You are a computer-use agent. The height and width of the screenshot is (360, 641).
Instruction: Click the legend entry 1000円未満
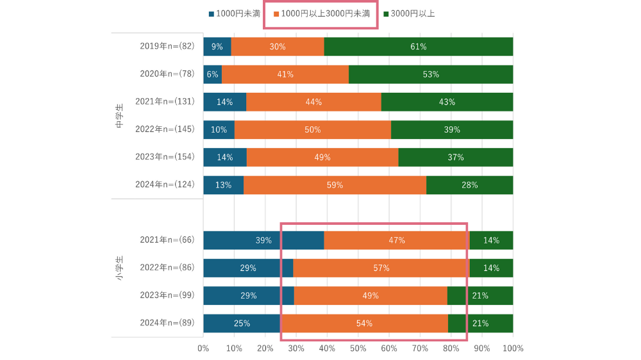click(x=233, y=13)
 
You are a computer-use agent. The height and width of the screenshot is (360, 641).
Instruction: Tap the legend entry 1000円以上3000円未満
click(x=322, y=13)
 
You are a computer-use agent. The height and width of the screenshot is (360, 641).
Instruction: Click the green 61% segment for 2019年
click(x=418, y=47)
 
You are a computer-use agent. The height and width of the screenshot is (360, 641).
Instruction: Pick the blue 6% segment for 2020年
click(x=213, y=74)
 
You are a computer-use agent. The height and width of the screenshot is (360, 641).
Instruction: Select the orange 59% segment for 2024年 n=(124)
click(x=335, y=185)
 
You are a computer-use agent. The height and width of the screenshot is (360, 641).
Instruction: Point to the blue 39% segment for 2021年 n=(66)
click(x=263, y=240)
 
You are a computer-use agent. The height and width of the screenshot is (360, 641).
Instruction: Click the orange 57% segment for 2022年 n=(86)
click(x=381, y=268)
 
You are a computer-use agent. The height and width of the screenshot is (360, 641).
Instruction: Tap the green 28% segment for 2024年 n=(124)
click(x=469, y=185)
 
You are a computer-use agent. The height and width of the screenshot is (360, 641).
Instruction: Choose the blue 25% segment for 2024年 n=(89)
click(x=242, y=323)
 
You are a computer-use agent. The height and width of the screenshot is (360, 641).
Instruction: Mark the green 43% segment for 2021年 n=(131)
click(x=447, y=102)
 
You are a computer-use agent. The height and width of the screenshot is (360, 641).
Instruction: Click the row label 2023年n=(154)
click(x=165, y=157)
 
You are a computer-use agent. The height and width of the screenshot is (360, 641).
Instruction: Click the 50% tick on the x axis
click(x=358, y=348)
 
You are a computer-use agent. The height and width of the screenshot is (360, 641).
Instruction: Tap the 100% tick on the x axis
click(x=513, y=348)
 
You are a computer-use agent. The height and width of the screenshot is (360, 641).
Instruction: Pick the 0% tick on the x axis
click(x=203, y=348)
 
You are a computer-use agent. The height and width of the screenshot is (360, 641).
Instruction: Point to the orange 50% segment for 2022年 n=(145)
click(x=313, y=129)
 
